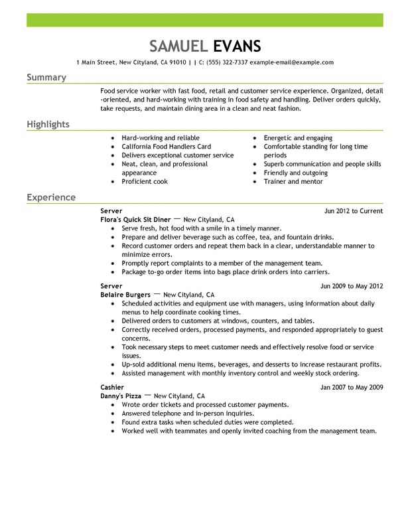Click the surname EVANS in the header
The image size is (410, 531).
coord(237,46)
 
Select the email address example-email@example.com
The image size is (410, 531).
coord(292,62)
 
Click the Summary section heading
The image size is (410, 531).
coord(46,78)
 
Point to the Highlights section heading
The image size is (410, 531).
coord(48,125)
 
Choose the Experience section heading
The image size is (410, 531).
coord(51,198)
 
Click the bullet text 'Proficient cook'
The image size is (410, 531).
coord(145,181)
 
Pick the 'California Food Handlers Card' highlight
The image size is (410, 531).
coord(166,147)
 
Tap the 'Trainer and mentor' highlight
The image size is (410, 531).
coord(293,181)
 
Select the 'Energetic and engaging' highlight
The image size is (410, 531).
coord(298,138)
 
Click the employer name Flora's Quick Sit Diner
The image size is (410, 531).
coord(135,219)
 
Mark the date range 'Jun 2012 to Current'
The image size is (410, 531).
coord(353,211)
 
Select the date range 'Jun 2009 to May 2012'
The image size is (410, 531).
coord(352,286)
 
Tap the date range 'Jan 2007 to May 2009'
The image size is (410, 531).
coord(352,388)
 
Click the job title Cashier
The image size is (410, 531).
coord(112,388)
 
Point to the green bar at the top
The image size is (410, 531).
coord(205,20)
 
